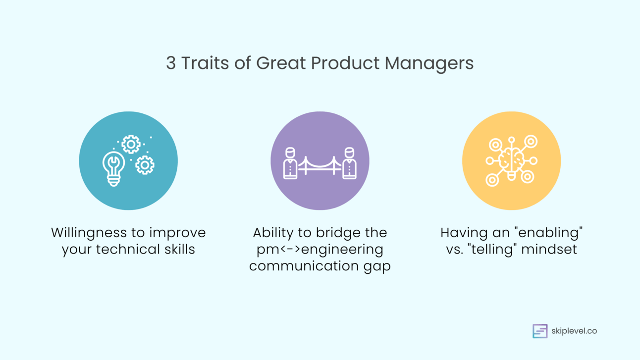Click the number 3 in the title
pos(170,63)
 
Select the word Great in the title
pos(281,63)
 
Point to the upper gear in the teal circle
pos(131,144)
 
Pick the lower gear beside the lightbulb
pos(145,165)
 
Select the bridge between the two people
pos(320,166)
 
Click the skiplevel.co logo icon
pos(540,331)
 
